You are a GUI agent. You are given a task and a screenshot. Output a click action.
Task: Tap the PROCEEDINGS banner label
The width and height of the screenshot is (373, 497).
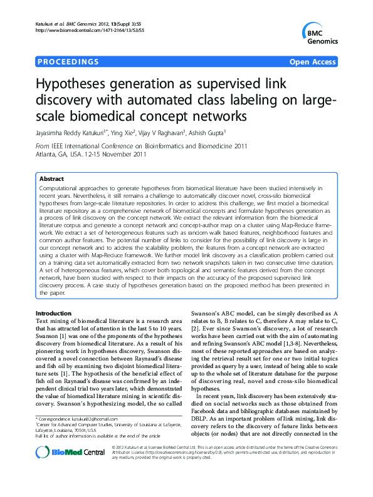pyautogui.click(x=68, y=62)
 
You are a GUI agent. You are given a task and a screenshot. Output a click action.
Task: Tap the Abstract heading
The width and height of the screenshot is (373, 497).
pyautogui.click(x=51, y=178)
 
